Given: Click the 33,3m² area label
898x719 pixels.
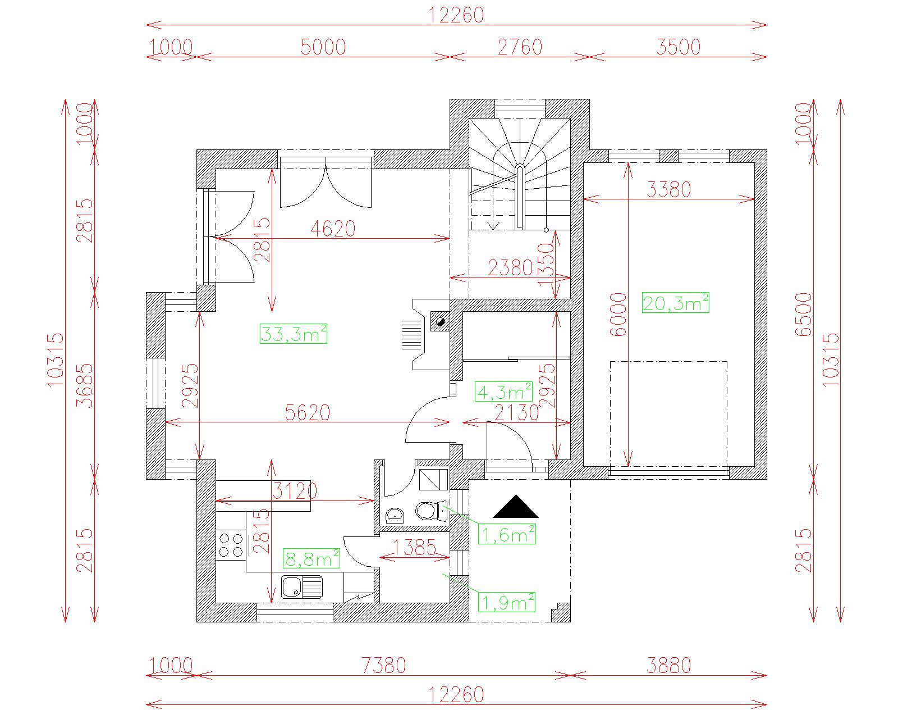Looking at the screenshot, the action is point(294,334).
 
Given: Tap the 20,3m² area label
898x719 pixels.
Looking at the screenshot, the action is point(675,302).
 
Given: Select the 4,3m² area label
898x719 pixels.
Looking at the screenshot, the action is point(503,392).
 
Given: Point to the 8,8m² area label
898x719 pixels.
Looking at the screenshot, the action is point(311,558).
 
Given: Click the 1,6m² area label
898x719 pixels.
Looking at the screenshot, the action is point(507,534).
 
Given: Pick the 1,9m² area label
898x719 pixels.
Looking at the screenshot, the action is point(507,602).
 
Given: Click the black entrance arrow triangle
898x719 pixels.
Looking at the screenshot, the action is point(516,507).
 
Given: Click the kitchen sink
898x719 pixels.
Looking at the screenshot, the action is point(302,587).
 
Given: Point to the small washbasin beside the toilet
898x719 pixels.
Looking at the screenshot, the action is point(395,516).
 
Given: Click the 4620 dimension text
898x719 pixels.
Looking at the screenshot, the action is point(333,229).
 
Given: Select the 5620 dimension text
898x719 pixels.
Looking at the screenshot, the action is point(308,413).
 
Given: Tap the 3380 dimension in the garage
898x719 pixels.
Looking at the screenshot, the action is point(669,190).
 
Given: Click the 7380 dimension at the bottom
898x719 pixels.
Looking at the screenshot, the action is point(383,666).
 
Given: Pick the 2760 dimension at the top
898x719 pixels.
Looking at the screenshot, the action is point(520,47).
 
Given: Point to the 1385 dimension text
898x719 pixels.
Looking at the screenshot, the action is point(414,548).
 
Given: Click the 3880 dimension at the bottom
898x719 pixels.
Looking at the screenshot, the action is point(669,666).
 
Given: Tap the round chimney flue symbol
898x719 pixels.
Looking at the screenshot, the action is point(440,322).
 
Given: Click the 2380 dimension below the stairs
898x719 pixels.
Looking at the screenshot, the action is point(510,268).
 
